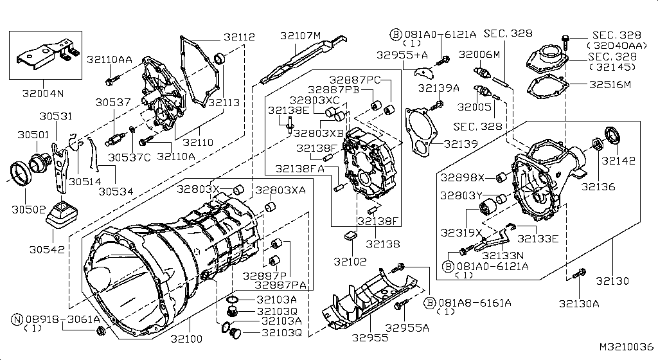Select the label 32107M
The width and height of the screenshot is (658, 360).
[300, 35]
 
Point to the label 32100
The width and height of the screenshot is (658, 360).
[186, 338]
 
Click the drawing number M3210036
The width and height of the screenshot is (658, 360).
[626, 346]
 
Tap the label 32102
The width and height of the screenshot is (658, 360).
[350, 262]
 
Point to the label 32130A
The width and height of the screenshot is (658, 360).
[578, 303]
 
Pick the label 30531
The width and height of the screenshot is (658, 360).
[55, 116]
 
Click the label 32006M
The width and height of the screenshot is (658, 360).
[479, 55]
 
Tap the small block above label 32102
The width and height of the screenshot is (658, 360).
[350, 236]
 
